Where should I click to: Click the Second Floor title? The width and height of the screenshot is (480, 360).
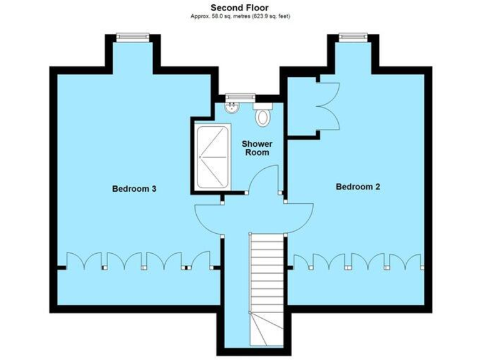click(x=239, y=7)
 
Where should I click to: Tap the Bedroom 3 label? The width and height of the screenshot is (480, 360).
click(x=134, y=188)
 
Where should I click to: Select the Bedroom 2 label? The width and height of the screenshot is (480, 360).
click(x=357, y=186)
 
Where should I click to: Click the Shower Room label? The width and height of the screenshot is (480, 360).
click(x=257, y=148)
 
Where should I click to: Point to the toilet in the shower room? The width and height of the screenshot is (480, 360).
click(x=262, y=115)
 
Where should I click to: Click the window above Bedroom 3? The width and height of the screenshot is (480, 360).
click(x=133, y=37)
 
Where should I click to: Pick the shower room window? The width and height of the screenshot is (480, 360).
click(x=241, y=96)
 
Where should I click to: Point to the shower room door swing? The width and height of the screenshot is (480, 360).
click(x=262, y=178)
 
